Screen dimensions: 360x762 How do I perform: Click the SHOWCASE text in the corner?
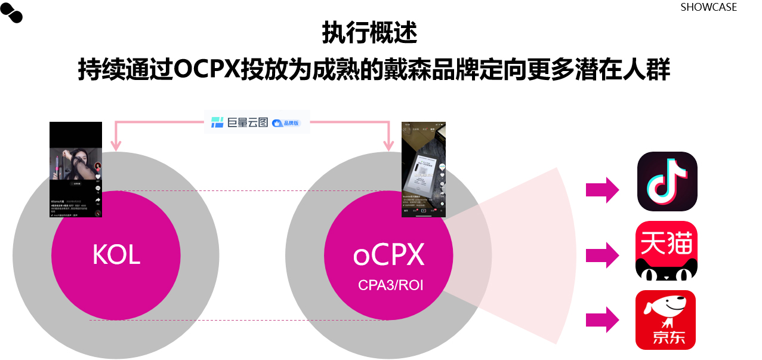point(708,7)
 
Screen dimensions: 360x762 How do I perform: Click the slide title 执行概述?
point(369,33)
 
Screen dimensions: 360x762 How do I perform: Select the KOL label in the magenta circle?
point(116,255)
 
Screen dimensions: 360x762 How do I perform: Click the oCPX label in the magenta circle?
point(388,255)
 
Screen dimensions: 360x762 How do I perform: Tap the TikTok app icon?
point(667,181)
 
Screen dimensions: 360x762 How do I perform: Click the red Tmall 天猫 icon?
point(666,250)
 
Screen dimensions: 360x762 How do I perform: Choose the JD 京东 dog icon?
point(665,320)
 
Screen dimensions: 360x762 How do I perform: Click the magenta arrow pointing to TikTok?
point(603,190)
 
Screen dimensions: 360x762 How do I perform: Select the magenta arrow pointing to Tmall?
point(603,255)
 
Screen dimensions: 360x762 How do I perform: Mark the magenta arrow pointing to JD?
point(603,319)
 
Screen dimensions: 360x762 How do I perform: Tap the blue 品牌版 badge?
point(289,123)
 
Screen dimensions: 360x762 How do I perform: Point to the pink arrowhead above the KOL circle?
point(116,145)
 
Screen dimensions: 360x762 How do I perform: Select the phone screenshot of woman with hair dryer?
point(76,169)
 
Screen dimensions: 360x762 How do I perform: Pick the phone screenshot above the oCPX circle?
point(424,169)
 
